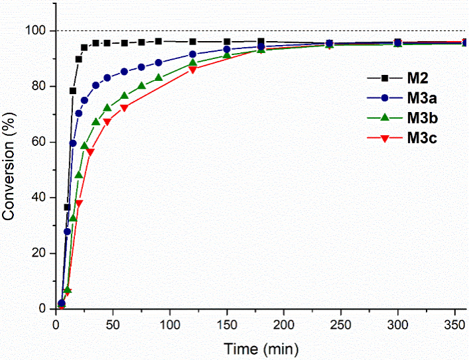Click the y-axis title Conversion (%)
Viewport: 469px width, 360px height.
pos(9,170)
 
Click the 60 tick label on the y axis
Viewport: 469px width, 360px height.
pos(40,142)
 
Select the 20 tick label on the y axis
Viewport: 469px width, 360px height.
pos(40,253)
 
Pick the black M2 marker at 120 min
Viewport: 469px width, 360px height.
pos(193,42)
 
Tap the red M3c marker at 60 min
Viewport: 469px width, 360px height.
pos(124,107)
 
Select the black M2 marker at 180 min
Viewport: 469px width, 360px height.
pos(261,42)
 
